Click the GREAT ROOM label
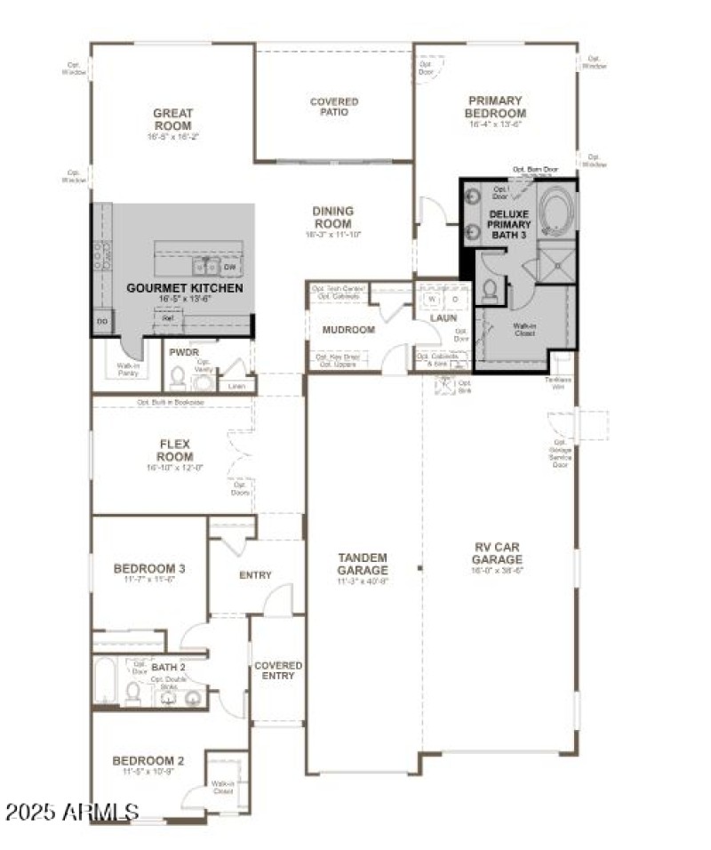pos(172,118)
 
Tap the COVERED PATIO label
pos(334,107)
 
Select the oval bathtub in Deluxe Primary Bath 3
pos(557,211)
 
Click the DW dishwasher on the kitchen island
pos(229,267)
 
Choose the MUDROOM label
pos(348,329)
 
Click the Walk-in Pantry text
pos(127,370)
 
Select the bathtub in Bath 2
pos(104,682)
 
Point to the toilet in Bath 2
pos(132,692)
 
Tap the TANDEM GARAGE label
pos(362,564)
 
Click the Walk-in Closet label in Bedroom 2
pos(221,787)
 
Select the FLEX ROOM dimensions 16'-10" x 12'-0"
pos(175,467)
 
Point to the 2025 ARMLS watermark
pos(71,812)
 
